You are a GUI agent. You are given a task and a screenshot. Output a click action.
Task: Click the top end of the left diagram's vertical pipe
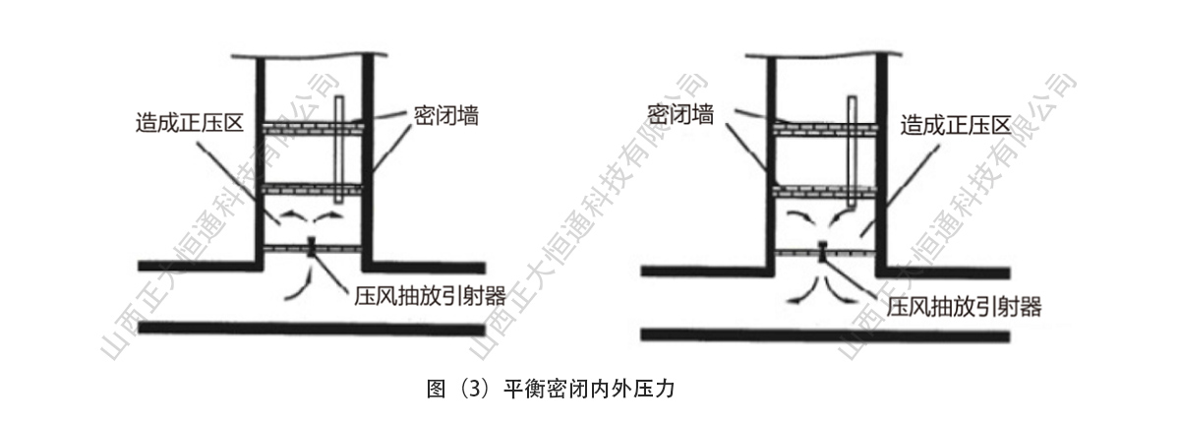[x=340, y=96]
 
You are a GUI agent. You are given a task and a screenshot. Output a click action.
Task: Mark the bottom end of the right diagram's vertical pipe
[x=852, y=206]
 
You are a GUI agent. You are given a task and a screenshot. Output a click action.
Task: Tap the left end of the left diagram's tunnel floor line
[x=139, y=328]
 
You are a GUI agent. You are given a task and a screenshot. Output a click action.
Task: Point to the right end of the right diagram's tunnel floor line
[x=1009, y=336]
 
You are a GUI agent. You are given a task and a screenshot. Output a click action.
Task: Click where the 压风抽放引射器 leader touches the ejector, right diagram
[x=824, y=258]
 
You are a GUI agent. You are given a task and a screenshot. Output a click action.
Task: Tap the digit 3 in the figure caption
[x=473, y=390]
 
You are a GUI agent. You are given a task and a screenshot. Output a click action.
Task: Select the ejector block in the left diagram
[x=312, y=246]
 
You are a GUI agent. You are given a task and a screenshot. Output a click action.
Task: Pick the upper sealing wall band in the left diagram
[x=313, y=128]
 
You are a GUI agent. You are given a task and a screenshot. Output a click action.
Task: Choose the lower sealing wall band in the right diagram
[x=825, y=192]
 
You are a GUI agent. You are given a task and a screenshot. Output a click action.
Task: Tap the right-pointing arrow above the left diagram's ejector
[x=328, y=217]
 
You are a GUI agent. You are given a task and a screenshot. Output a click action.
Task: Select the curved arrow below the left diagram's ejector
[x=299, y=283]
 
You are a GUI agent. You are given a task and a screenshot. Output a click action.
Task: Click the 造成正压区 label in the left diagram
[x=190, y=123]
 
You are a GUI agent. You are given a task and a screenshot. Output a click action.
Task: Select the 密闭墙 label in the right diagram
[x=680, y=114]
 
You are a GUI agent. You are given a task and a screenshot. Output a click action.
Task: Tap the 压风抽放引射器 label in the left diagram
[x=430, y=296]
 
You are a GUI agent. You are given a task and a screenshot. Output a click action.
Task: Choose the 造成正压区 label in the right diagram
[x=955, y=126]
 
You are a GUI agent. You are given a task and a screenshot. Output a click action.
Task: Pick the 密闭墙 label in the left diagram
[x=445, y=115]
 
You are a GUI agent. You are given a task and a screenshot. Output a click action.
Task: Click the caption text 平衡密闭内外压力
[x=588, y=390]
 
